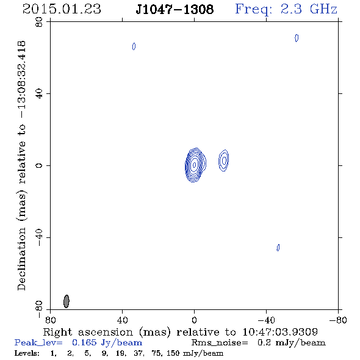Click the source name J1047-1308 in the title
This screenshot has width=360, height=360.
[x=175, y=10]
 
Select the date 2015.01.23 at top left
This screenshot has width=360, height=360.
[x=62, y=9]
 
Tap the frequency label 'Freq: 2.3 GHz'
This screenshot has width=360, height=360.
[x=286, y=10]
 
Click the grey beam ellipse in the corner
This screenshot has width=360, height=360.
[x=67, y=301]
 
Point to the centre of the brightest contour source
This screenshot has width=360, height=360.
[x=195, y=165]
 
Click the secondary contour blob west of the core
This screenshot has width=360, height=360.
[x=224, y=160]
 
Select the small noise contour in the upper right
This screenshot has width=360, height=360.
[x=297, y=38]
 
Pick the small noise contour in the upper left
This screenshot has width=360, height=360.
[x=134, y=46]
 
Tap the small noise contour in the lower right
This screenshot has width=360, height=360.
[x=278, y=248]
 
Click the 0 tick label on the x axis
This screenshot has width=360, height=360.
[x=194, y=320]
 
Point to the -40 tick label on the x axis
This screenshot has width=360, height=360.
[x=266, y=320]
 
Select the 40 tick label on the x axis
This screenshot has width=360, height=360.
[x=122, y=320]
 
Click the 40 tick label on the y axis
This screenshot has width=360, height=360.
[x=39, y=94]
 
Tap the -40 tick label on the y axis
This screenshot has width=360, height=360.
[x=39, y=237]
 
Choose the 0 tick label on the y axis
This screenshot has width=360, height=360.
[x=39, y=165]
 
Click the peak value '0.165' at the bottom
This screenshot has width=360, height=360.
[x=84, y=342]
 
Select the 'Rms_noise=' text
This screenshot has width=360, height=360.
[x=220, y=343]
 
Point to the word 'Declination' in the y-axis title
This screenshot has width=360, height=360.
[x=21, y=259]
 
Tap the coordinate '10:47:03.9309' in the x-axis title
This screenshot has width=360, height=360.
[x=280, y=332]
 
